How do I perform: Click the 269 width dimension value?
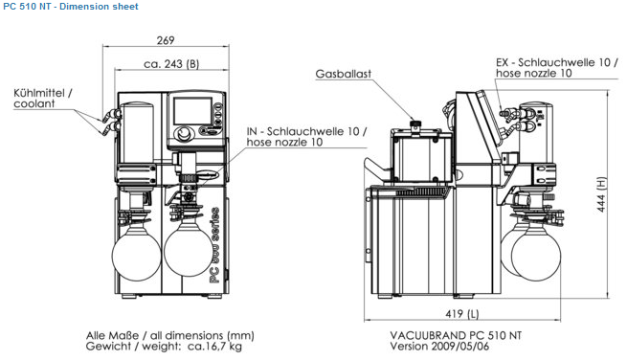pos(166,40)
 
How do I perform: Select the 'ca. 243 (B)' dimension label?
pos(171,64)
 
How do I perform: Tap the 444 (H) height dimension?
pos(601,194)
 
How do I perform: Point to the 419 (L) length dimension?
pos(461,314)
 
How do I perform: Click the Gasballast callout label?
pos(343,74)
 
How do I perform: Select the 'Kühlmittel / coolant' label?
pos(43,99)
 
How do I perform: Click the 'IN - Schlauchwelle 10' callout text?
pos(306,131)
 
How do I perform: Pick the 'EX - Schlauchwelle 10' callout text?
pos(556,62)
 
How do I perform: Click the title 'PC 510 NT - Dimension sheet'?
pos(71,7)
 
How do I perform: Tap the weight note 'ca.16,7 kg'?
pos(214,347)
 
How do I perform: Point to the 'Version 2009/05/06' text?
pos(439,347)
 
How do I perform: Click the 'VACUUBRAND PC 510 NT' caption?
pos(456,335)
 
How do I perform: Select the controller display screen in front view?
pos(192,111)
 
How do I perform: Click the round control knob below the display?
pos(185,133)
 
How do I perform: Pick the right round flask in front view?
pos(189,251)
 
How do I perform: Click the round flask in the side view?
pos(536,256)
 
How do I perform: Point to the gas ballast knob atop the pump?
pos(415,124)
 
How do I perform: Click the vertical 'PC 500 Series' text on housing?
pos(215,245)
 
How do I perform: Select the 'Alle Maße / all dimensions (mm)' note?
pos(170,335)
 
